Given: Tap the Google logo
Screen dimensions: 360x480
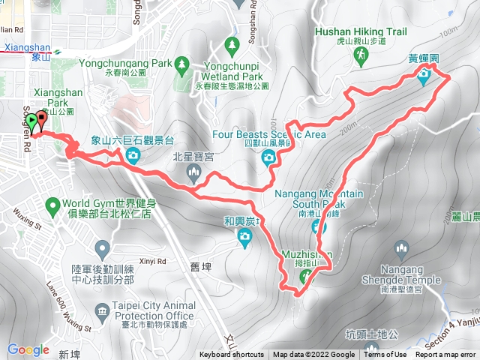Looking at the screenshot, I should click(28, 349).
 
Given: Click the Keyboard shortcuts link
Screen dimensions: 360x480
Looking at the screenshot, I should click(232, 355).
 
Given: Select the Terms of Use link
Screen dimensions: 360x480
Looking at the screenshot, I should click(385, 355).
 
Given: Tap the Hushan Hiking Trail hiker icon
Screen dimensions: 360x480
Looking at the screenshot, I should click(361, 55).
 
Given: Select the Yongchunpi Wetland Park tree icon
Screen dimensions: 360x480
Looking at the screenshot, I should click(232, 46).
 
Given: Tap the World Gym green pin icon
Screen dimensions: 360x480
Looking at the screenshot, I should click(52, 204).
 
